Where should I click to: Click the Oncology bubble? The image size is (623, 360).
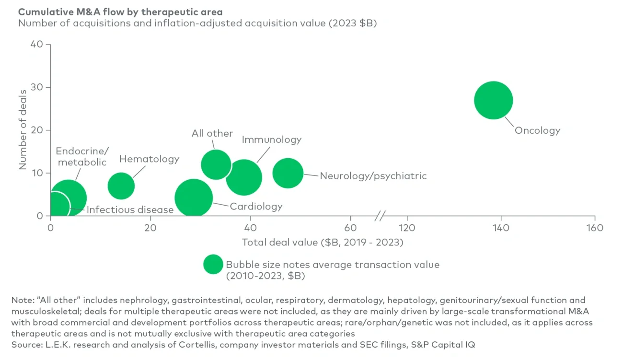[x=494, y=100]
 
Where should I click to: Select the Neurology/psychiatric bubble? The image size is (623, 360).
[x=288, y=173]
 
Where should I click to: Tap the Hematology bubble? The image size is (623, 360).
[x=121, y=186]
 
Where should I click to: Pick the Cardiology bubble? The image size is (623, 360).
[x=194, y=198]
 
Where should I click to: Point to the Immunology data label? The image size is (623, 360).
[x=272, y=139]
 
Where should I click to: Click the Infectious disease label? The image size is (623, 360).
[x=130, y=209]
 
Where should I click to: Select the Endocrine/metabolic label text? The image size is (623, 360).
[x=82, y=157]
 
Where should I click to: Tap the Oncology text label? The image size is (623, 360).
[x=537, y=130]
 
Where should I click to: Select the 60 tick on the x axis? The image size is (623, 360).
[x=351, y=228]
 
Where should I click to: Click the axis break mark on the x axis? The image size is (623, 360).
[x=380, y=216]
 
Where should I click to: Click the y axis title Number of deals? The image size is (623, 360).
[x=23, y=130]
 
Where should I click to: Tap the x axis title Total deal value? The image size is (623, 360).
[x=323, y=242]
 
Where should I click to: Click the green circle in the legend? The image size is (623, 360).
[x=213, y=264]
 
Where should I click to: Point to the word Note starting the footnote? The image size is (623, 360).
[x=21, y=300]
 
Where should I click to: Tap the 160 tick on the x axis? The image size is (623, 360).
[x=595, y=228]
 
